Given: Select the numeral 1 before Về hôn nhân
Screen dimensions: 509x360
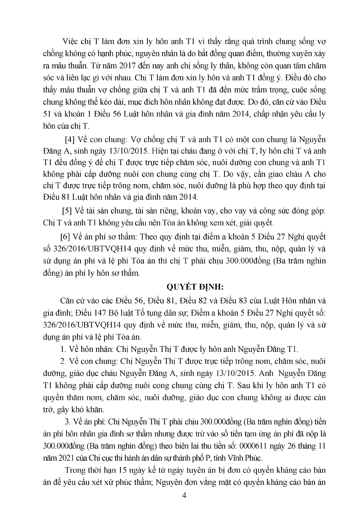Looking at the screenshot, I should pos(63,349).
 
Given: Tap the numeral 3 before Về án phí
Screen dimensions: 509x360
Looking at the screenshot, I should pos(67,422).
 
